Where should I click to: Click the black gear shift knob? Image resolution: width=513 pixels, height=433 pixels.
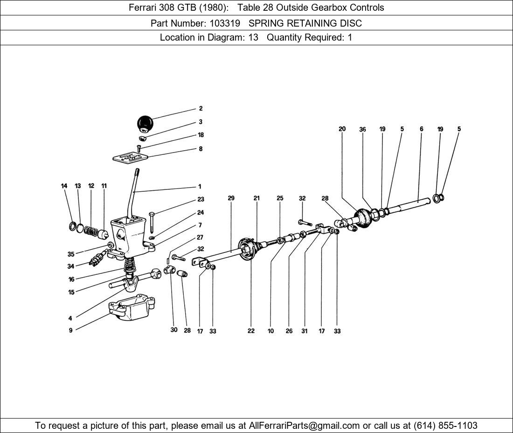pos(145,124)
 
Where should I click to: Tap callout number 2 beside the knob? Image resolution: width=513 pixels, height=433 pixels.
pos(201,109)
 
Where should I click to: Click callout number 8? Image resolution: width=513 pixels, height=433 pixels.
pos(201,149)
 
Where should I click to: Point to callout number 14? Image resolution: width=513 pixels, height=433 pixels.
pos(64,186)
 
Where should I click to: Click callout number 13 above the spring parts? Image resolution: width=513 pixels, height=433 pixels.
pos(78,186)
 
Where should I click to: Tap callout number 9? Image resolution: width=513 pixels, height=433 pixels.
pos(71,330)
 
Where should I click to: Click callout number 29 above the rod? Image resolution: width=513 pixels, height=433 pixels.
pos(231,198)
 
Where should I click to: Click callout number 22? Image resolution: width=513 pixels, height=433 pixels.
pos(251,331)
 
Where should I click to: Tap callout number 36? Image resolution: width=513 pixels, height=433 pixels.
pos(362,130)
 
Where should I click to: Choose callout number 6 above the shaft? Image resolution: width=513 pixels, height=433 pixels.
pos(421,129)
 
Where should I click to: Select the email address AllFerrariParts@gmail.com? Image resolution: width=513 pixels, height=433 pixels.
pos(305,426)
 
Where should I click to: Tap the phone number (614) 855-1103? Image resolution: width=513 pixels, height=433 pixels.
pos(445,426)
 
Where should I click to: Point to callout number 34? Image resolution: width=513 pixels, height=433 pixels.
pos(71,267)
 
